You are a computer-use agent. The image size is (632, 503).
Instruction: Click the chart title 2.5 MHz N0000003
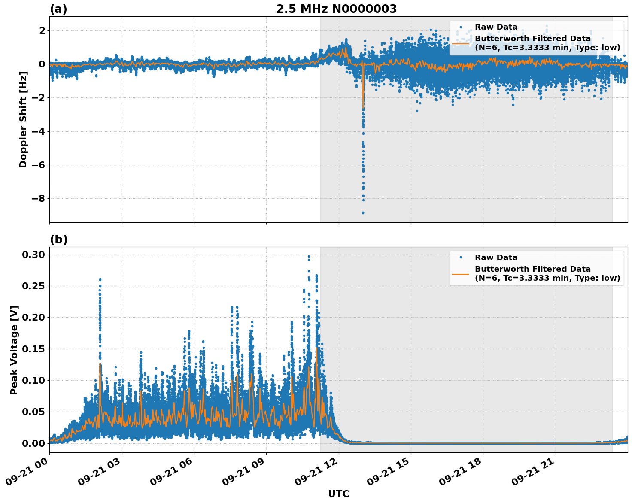point(336,9)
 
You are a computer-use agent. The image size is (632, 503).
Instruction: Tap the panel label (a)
point(58,9)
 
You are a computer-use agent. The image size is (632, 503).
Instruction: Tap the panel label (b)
point(58,239)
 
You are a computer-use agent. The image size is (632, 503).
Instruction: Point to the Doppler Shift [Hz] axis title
point(23,119)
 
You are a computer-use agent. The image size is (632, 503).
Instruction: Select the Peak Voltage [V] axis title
point(14,350)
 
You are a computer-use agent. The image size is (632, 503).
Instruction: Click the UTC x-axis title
point(338,494)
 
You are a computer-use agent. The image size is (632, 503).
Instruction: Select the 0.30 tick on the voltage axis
point(33,255)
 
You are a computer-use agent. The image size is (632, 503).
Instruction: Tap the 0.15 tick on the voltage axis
point(33,349)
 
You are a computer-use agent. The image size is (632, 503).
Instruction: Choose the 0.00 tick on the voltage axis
point(33,443)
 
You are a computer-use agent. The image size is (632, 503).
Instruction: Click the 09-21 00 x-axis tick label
point(27,474)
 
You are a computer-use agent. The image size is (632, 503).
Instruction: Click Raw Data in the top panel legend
point(496,27)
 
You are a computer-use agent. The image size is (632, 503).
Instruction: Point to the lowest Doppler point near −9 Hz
point(363,212)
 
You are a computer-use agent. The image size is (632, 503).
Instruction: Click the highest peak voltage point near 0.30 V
point(308,257)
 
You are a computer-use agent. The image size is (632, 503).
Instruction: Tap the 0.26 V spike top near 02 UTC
point(100,279)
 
